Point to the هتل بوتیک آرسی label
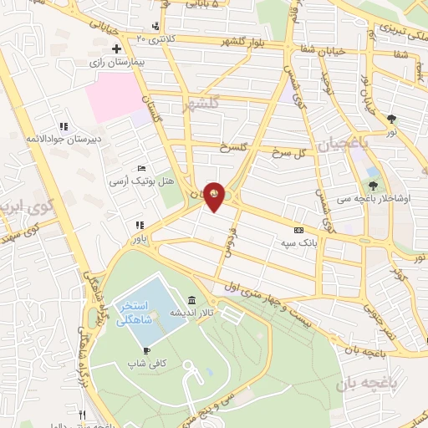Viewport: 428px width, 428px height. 143,181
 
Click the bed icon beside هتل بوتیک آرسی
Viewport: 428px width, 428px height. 141,168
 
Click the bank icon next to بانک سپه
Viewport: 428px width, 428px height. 298,230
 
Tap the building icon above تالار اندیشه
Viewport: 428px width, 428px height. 192,300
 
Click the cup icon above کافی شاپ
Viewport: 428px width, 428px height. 148,350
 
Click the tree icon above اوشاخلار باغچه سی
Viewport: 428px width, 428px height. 373,186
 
